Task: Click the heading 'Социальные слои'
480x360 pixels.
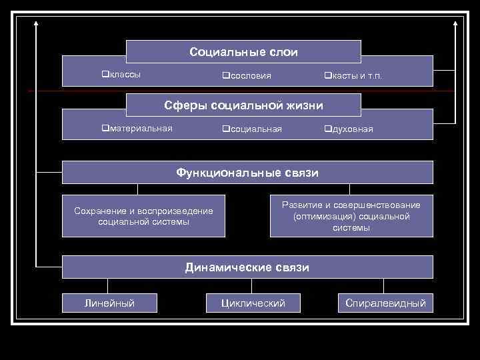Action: pos(243,52)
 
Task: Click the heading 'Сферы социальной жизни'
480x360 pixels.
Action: pos(243,105)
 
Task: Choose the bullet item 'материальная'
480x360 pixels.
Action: pos(141,128)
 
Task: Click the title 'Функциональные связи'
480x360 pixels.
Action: pos(247,173)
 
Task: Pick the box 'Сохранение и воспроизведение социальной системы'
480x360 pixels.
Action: pos(143,216)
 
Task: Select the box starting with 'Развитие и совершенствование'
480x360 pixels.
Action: pos(351,216)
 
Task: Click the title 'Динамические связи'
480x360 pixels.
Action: pos(247,267)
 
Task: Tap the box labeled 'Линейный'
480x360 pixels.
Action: pos(109,303)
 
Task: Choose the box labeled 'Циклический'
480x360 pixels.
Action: pos(253,303)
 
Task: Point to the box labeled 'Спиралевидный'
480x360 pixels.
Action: pos(385,303)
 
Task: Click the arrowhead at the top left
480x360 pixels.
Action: pos(36,23)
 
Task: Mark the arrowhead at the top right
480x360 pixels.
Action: pos(455,23)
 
